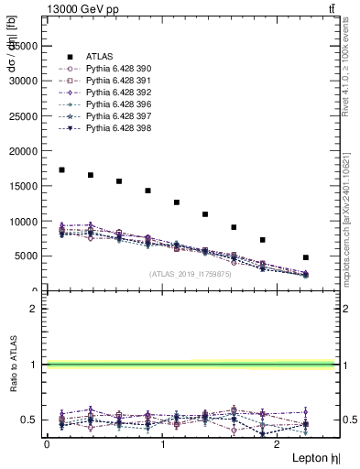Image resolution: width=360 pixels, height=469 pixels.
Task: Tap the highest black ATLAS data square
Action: pyautogui.click(x=61, y=169)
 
